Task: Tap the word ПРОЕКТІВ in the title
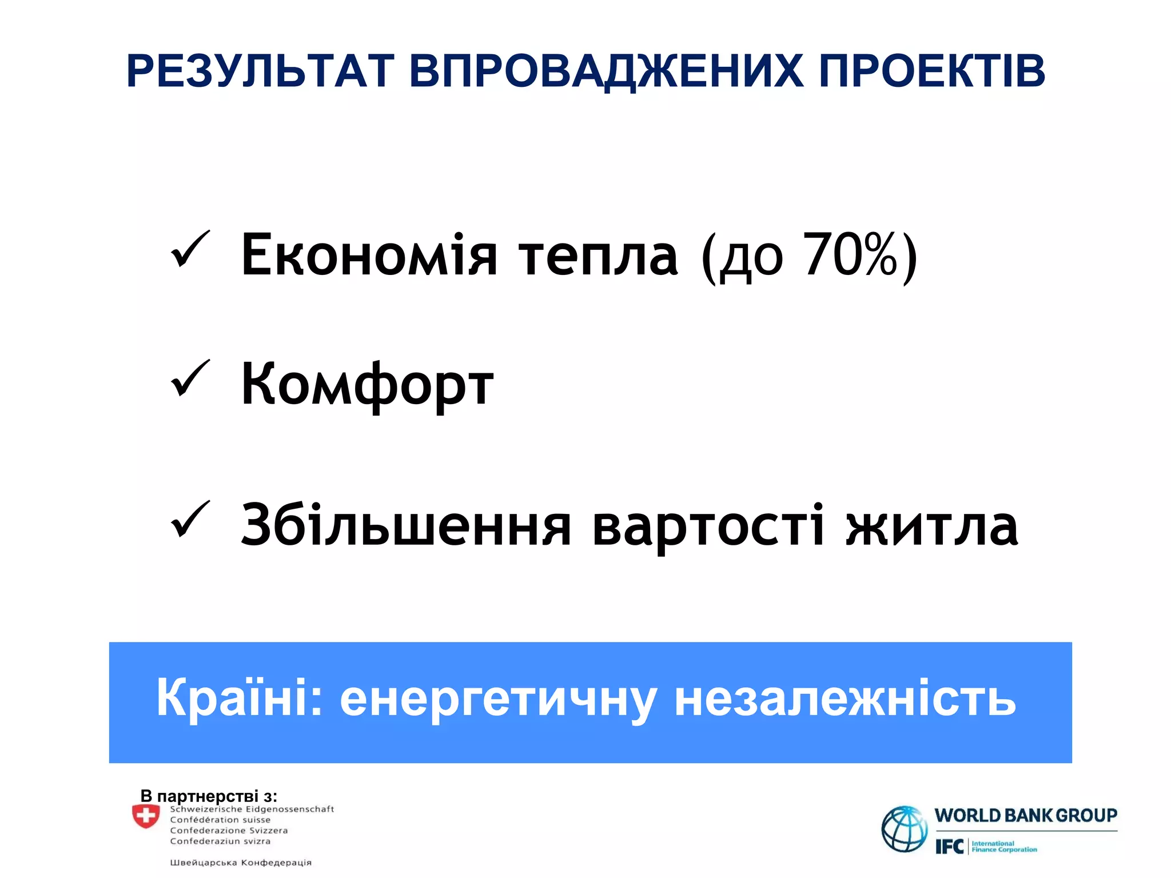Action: pos(932,71)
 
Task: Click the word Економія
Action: pos(369,255)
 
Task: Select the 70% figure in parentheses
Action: pos(851,255)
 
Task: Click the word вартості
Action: pos(708,525)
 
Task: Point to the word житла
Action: pos(932,525)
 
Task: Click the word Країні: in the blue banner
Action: pos(240,699)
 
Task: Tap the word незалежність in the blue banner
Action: pos(845,699)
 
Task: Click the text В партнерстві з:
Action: pos(209,796)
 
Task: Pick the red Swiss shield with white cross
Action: pos(146,816)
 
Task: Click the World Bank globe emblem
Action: pos(905,829)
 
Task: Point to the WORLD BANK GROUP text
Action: pos(1026,815)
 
